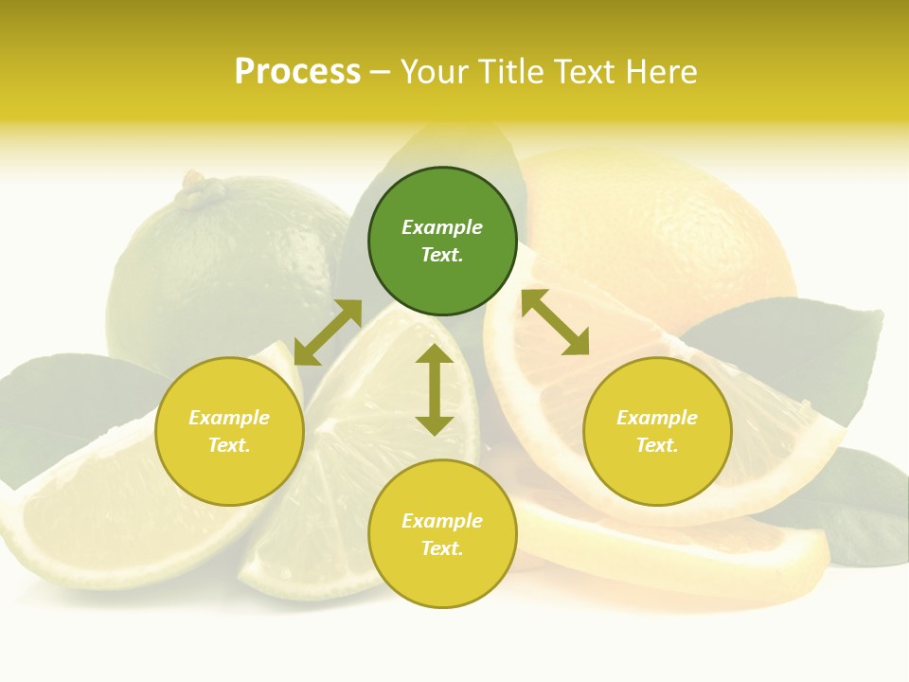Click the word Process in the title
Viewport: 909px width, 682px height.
tap(297, 72)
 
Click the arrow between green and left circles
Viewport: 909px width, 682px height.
tap(328, 332)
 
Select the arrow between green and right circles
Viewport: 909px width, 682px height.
tap(555, 322)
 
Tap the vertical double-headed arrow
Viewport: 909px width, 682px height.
tap(435, 389)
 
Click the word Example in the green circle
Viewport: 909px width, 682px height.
tap(442, 227)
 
